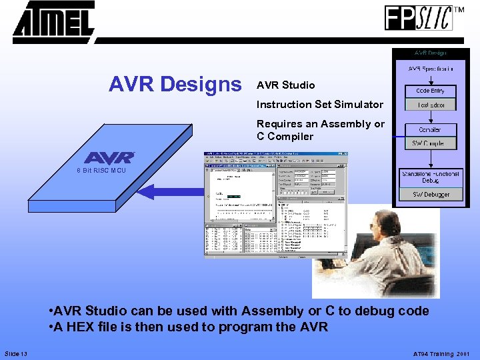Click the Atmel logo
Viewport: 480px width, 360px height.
coord(53,21)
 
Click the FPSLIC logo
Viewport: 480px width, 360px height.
coord(418,17)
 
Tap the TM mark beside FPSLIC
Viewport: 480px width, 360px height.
coord(459,10)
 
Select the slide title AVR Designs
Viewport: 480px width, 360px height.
coord(175,85)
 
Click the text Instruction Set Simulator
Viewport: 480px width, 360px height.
coord(319,104)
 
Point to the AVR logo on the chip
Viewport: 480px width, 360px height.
coord(109,158)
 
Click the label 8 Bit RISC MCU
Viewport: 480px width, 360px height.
coord(100,171)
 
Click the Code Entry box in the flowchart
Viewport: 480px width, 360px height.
coord(431,91)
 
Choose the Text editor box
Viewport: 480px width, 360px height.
coord(431,105)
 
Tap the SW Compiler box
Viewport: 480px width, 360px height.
coord(431,143)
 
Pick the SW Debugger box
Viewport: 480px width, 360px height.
coord(431,195)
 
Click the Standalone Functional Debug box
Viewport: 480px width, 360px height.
coord(431,177)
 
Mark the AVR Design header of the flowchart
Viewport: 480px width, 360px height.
coord(431,53)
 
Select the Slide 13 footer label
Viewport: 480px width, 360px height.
coord(16,353)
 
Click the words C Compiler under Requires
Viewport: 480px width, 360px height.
coord(285,137)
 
